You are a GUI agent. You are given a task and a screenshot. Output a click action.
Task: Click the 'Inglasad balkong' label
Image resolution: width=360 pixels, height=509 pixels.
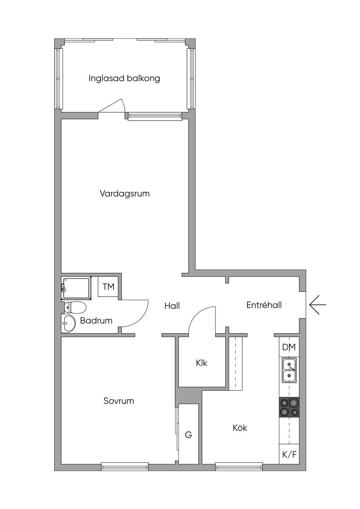(124, 78)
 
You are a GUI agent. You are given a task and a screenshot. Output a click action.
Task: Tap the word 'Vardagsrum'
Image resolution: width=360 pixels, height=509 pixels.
(125, 194)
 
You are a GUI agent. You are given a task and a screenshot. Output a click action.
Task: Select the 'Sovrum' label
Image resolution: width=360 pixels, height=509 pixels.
(118, 401)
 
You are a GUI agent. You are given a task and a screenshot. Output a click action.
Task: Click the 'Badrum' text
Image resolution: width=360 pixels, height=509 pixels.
(96, 321)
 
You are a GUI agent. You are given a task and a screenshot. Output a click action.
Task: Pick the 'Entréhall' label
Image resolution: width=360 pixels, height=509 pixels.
(264, 305)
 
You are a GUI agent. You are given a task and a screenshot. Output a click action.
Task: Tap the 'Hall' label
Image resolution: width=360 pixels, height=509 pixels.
(172, 306)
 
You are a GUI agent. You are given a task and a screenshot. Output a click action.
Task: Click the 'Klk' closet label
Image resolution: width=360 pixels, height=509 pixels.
(201, 363)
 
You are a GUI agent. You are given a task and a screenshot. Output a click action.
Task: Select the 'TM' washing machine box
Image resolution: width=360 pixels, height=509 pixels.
(108, 286)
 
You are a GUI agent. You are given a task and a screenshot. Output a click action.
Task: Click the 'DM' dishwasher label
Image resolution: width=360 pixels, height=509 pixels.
(289, 347)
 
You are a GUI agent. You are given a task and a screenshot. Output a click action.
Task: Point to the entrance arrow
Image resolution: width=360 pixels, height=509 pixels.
(318, 305)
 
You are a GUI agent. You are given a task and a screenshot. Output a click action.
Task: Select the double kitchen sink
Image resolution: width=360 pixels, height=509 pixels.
(289, 371)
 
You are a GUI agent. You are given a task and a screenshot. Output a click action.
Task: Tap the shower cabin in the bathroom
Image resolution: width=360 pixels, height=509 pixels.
(77, 288)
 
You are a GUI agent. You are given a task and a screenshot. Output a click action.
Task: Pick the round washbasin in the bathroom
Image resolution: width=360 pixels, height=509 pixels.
(69, 323)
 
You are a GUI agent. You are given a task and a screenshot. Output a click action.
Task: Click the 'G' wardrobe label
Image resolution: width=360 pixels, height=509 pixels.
(188, 435)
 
